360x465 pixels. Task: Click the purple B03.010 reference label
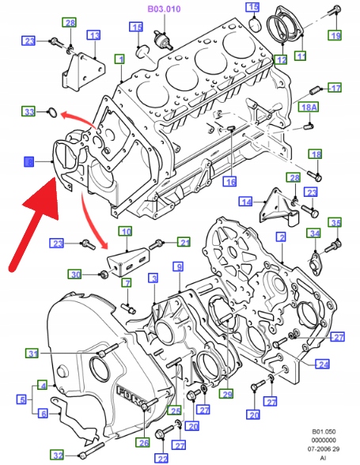click(164, 9)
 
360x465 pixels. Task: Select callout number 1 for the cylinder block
click(120, 59)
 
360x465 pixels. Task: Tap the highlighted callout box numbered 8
click(29, 162)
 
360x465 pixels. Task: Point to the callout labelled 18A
click(309, 107)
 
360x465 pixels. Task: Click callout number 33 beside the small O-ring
click(28, 112)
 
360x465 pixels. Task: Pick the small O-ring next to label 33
click(52, 112)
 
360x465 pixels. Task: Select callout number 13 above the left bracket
click(94, 36)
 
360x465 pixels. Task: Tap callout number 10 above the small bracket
click(126, 232)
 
